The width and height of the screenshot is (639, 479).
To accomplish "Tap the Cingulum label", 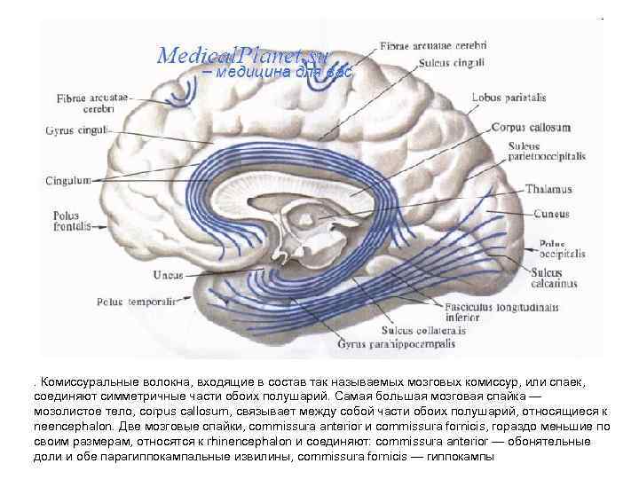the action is [68, 180].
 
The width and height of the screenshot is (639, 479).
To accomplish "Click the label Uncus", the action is [168, 274].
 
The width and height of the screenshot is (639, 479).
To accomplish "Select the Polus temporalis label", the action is [133, 301].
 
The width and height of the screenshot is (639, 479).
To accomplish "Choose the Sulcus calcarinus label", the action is [555, 278].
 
